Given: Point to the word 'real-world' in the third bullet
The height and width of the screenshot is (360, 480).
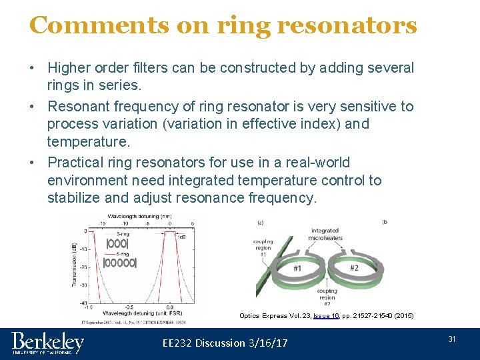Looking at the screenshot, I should pyautogui.click(x=317, y=163).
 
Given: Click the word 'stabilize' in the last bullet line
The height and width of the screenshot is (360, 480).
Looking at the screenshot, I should pyautogui.click(x=74, y=198).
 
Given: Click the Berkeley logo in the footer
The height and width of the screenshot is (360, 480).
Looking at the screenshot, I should pyautogui.click(x=48, y=343).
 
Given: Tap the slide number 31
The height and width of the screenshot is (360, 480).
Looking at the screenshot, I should pyautogui.click(x=451, y=339).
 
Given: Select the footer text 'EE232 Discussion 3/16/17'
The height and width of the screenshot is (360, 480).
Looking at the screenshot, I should pyautogui.click(x=225, y=343).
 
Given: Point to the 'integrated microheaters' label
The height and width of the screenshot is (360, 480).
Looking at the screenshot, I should pyautogui.click(x=325, y=235).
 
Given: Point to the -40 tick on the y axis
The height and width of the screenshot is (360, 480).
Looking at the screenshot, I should pyautogui.click(x=84, y=303).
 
